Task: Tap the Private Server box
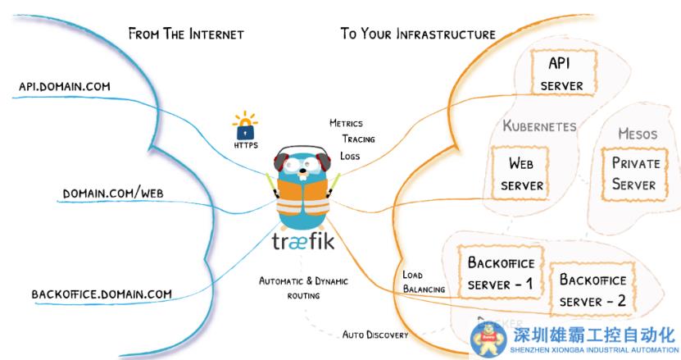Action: pyautogui.click(x=634, y=173)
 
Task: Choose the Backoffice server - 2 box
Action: pyautogui.click(x=592, y=291)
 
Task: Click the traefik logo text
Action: pyautogui.click(x=302, y=244)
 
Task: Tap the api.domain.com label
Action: pyautogui.click(x=65, y=85)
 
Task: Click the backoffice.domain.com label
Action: pyautogui.click(x=102, y=294)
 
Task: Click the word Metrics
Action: pyautogui.click(x=346, y=124)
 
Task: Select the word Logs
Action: pyautogui.click(x=350, y=156)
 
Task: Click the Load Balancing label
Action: pyautogui.click(x=424, y=281)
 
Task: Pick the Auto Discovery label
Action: pyautogui.click(x=376, y=334)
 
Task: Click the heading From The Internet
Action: pyautogui.click(x=186, y=34)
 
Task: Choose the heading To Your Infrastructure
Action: pyautogui.click(x=418, y=34)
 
